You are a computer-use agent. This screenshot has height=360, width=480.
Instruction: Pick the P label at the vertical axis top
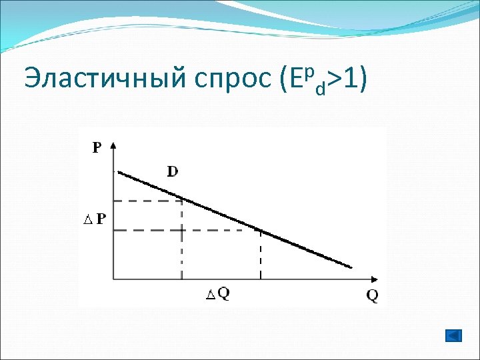(x=97, y=148)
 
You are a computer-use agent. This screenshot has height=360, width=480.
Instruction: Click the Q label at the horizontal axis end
(x=372, y=297)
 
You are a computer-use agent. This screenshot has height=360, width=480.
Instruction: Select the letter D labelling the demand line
(x=172, y=171)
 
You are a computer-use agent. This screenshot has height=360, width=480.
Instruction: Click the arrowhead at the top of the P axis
(x=115, y=145)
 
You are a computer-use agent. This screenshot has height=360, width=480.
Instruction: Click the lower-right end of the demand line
(x=351, y=267)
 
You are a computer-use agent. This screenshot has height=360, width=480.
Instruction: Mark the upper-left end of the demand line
(x=119, y=172)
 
